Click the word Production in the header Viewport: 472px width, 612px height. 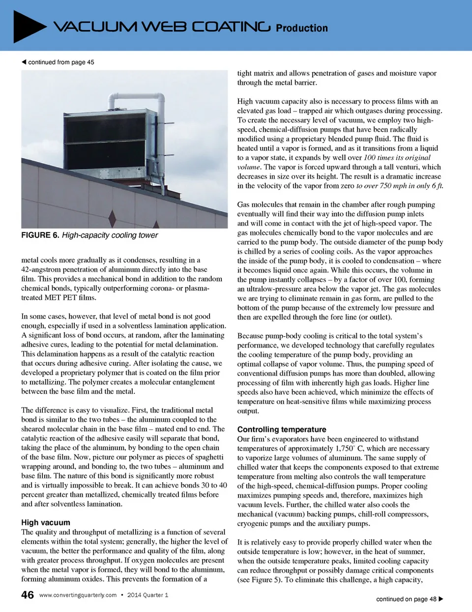[301, 29]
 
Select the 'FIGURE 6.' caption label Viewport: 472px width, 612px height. [40, 235]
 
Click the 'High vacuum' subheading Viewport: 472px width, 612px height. [46, 522]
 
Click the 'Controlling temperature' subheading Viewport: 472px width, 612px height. [282, 429]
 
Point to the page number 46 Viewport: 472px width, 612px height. [28, 595]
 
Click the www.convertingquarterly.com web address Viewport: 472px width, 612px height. [78, 595]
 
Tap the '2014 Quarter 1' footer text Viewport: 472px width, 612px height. [147, 595]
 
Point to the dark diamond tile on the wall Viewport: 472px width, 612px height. [112, 216]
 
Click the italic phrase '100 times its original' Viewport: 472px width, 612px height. [397, 158]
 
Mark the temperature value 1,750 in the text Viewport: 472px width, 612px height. [344, 448]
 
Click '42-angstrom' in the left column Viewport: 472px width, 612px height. [41, 269]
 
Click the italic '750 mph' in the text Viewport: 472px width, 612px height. [393, 186]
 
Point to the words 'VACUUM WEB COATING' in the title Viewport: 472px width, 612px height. [162, 27]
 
